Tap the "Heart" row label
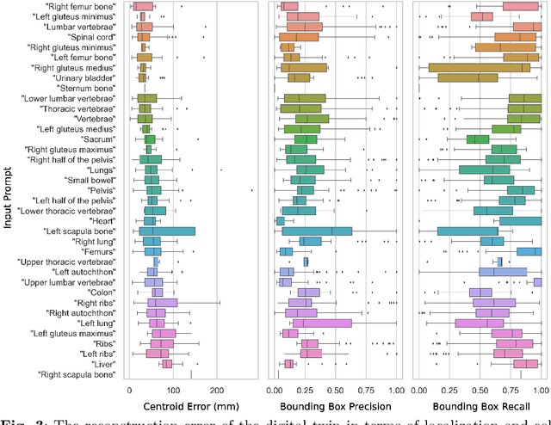103,220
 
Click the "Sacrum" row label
99,139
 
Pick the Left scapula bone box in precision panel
329,231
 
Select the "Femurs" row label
100,251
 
